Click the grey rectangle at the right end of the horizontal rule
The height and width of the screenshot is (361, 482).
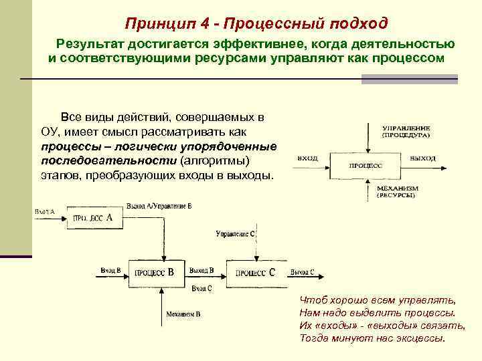pyautogui.click(x=409, y=79)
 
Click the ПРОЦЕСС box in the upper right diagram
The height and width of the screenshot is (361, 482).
pyautogui.click(x=366, y=164)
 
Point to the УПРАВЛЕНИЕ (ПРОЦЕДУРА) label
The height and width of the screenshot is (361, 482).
pyautogui.click(x=406, y=131)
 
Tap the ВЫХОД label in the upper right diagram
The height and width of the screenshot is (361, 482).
pyautogui.click(x=422, y=158)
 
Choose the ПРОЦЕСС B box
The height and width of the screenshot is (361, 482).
pyautogui.click(x=155, y=272)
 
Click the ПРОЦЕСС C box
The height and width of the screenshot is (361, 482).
pyautogui.click(x=255, y=272)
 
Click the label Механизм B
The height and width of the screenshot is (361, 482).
pyautogui.click(x=183, y=313)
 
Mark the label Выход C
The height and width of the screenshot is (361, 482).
pyautogui.click(x=303, y=271)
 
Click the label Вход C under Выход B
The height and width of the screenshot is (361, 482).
pyautogui.click(x=202, y=288)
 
